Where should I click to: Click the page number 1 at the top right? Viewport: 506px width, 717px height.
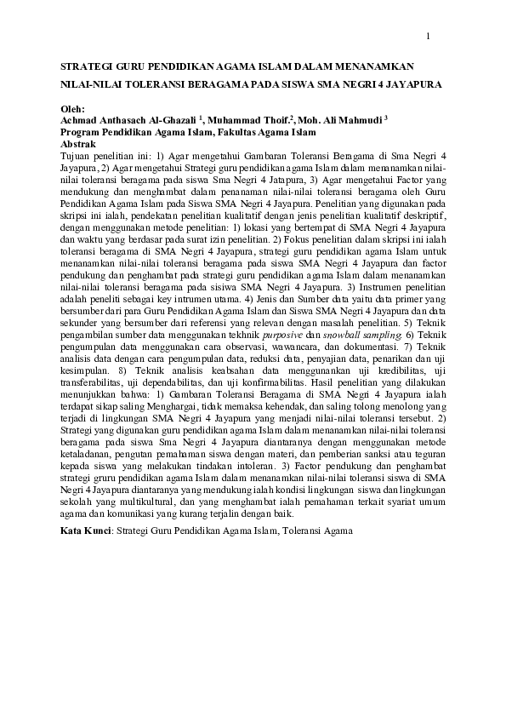(x=428, y=36)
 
